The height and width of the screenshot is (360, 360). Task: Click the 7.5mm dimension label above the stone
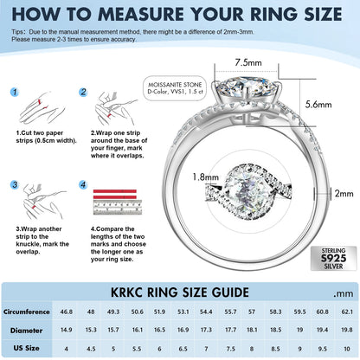248,62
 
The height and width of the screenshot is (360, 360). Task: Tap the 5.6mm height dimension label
318,104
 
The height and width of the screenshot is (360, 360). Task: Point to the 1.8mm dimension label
206,177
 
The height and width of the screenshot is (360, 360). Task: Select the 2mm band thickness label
344,193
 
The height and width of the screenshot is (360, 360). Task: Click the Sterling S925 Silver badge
334,258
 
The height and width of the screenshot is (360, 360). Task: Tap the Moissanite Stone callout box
175,88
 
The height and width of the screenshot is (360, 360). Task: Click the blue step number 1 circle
15,93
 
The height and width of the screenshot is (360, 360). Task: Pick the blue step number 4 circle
83,184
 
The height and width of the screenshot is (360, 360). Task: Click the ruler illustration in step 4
118,207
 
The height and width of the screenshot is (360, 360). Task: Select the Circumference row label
27,312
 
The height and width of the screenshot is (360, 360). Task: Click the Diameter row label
26,331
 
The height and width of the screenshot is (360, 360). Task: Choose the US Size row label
26,348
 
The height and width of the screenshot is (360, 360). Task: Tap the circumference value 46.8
67,312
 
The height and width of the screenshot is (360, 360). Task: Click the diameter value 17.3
206,330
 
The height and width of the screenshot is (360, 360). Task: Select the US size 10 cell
347,349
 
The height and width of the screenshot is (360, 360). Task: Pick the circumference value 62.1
347,312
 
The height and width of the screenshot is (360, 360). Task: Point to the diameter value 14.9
67,330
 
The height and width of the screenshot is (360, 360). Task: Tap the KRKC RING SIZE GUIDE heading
180,292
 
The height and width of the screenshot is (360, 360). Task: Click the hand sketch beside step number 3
44,202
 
